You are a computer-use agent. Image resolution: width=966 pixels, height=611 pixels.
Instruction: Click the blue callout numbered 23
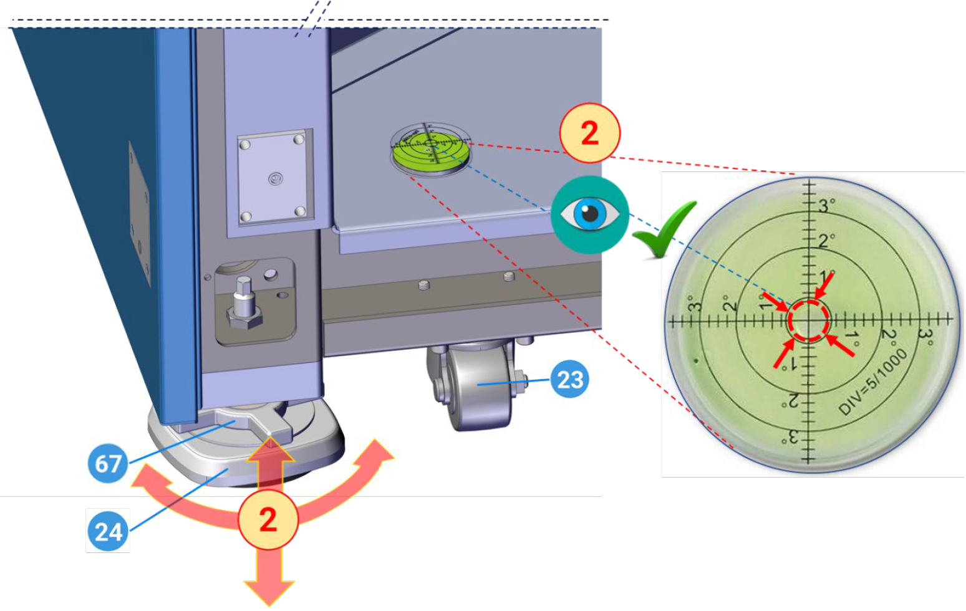pos(569,379)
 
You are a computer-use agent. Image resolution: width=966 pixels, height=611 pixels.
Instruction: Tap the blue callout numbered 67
pos(108,463)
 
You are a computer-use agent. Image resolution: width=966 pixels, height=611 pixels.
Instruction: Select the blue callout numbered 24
pos(108,531)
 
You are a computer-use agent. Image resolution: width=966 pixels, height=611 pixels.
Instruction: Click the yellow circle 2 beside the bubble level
pos(589,133)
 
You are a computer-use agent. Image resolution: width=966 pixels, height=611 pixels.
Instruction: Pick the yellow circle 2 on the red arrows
pos(268,519)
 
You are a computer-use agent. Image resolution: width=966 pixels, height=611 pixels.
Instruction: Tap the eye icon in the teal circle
pos(589,214)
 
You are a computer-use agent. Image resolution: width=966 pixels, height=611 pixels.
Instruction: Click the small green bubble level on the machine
pos(430,150)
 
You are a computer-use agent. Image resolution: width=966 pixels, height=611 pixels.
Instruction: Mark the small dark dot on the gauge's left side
pos(695,360)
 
